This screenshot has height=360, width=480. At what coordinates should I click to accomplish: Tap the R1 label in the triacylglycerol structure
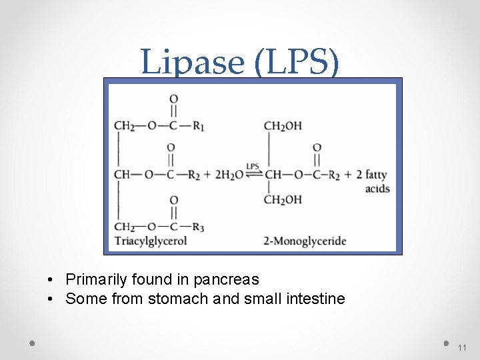click(x=198, y=127)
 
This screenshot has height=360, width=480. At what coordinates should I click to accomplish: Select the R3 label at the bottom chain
click(x=198, y=227)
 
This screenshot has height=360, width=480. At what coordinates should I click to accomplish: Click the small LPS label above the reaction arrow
click(x=253, y=167)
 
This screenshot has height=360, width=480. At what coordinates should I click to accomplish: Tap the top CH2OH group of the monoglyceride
click(x=283, y=126)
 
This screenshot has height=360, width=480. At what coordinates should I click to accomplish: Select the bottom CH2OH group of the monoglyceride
click(x=283, y=199)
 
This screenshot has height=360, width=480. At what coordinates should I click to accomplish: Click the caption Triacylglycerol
click(x=151, y=241)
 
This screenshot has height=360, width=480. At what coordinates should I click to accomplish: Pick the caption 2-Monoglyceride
click(x=305, y=241)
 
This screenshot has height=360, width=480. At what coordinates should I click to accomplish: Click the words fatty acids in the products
click(x=376, y=181)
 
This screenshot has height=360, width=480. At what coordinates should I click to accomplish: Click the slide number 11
click(x=463, y=348)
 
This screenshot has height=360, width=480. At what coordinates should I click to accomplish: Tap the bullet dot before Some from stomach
click(x=51, y=299)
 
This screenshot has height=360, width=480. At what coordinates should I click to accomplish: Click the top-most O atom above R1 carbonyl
click(x=173, y=99)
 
